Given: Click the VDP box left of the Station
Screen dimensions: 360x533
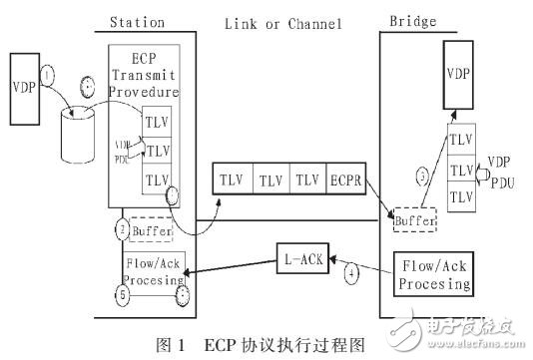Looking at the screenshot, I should point(26,87).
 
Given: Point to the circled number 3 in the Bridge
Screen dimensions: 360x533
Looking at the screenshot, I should point(421,176).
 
